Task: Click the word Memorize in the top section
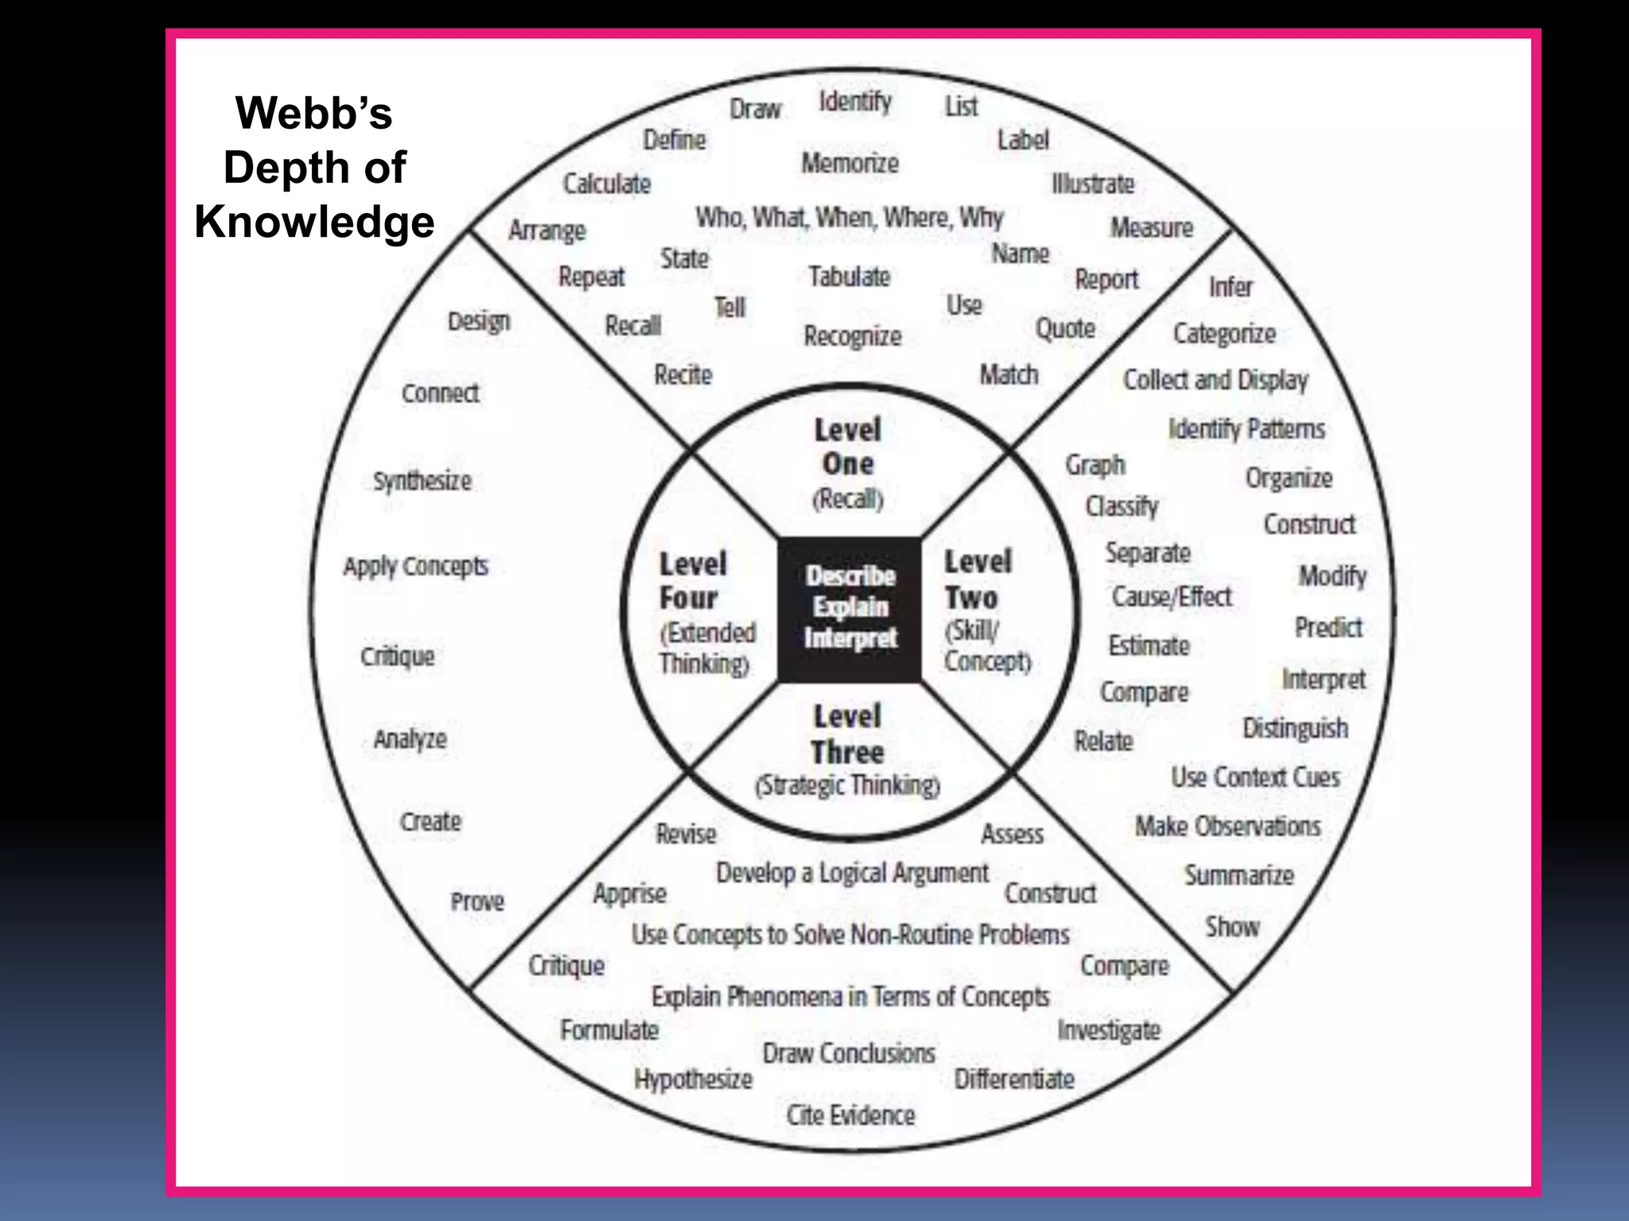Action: click(849, 163)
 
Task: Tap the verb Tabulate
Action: click(849, 277)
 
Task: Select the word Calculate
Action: click(607, 184)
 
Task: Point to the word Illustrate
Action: click(1093, 184)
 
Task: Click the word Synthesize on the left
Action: click(422, 481)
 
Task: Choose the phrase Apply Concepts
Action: click(415, 566)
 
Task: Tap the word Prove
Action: click(477, 901)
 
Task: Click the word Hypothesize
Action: click(693, 1079)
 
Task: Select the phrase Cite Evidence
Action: click(850, 1114)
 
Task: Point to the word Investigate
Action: click(1109, 1030)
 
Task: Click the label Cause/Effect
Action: click(1171, 596)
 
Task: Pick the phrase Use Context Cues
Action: click(1255, 777)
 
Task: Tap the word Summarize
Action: click(1238, 875)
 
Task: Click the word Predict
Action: click(1328, 627)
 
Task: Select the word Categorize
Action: click(1224, 333)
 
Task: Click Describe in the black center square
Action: click(850, 576)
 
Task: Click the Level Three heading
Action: click(847, 734)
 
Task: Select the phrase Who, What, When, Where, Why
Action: click(849, 217)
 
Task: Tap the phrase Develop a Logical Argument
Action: click(852, 873)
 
